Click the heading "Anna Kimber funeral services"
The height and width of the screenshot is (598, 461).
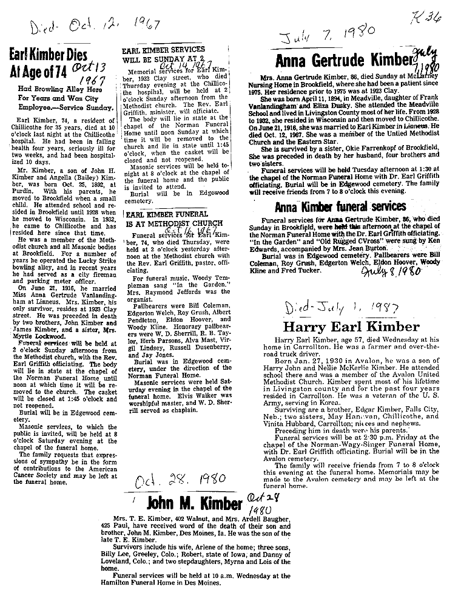click(340, 206)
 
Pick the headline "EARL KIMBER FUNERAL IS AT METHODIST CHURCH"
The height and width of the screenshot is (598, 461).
click(167, 220)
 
